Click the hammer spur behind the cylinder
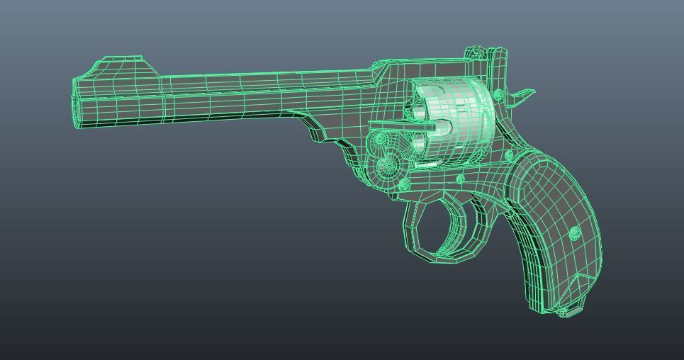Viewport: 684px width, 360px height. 522,95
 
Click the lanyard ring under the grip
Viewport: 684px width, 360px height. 565,311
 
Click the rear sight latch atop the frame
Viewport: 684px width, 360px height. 476,54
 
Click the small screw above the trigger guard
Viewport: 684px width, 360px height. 461,180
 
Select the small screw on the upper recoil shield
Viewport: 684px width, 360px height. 498,94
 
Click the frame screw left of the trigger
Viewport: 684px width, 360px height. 404,185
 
